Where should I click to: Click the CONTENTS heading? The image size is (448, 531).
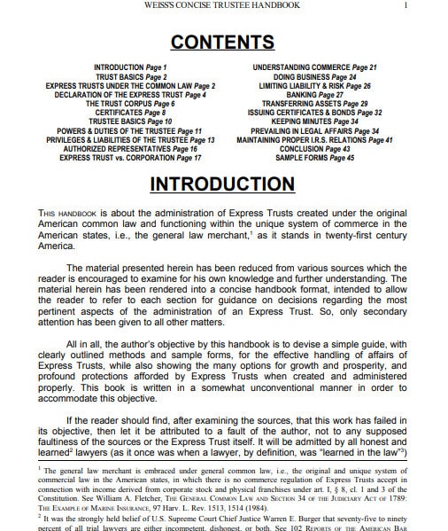pos(223,42)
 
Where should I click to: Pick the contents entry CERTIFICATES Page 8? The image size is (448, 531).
pos(130,113)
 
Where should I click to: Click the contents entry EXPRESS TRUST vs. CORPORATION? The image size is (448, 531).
pos(130,158)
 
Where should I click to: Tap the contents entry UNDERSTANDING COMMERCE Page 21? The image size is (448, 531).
pos(315,67)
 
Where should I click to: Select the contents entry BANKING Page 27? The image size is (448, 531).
pos(315,95)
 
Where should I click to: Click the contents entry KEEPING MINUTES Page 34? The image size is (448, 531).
pos(315,121)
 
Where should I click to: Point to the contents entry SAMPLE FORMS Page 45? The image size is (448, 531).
pos(315,158)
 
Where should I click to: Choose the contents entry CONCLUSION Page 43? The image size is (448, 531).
pos(315,149)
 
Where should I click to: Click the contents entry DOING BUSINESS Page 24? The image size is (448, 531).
pos(315,76)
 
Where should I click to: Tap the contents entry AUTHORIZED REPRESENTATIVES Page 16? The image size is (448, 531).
pos(130,149)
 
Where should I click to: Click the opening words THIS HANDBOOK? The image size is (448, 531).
pos(64,214)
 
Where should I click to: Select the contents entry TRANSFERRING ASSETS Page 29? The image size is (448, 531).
pos(315,104)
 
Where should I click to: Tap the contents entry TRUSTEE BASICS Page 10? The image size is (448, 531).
pos(130,121)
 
